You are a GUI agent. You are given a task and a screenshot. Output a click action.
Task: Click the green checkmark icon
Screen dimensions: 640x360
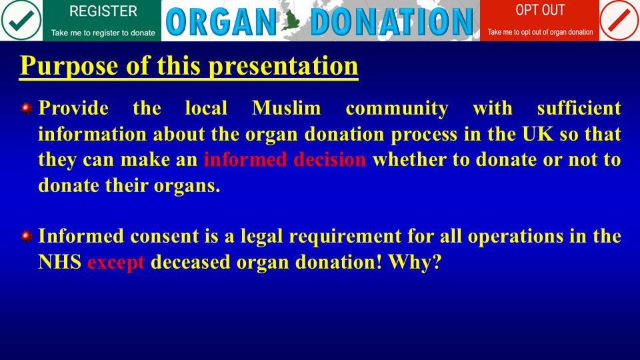click(x=21, y=20)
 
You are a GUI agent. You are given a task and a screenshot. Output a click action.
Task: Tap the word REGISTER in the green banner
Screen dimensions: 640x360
click(x=103, y=11)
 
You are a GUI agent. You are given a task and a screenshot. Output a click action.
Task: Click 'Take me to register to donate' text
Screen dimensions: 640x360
click(x=103, y=33)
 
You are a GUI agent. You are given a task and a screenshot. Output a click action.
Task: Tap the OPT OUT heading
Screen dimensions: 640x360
click(x=540, y=10)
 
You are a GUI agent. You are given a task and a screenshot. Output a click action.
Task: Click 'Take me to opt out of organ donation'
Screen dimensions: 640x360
click(x=540, y=32)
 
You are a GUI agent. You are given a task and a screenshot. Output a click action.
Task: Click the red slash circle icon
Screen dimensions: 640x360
click(x=619, y=20)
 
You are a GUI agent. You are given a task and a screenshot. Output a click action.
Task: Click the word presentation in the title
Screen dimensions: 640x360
click(x=283, y=66)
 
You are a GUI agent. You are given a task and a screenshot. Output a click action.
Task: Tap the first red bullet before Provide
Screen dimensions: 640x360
click(x=27, y=108)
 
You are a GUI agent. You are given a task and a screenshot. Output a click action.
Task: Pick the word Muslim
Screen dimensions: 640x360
click(x=287, y=108)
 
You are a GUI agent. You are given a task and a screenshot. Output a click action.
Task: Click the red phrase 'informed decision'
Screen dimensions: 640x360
click(x=285, y=159)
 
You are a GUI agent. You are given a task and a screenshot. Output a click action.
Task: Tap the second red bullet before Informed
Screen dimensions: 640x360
click(x=27, y=236)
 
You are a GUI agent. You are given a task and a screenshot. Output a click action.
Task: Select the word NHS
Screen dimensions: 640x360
click(x=59, y=261)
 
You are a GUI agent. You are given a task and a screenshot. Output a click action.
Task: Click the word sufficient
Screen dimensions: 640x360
click(x=579, y=108)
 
